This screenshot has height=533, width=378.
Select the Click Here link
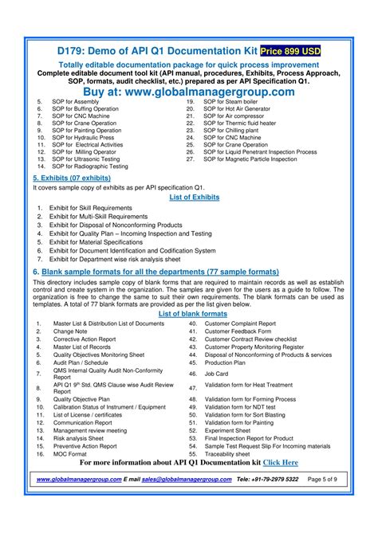pos(281,462)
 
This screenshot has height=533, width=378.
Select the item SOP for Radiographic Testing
pos(90,167)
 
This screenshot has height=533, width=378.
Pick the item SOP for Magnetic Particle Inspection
pos(260,159)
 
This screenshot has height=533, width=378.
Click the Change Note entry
pos(70,331)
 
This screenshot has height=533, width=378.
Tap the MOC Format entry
pos(70,454)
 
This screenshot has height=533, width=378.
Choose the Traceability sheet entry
pos(233,454)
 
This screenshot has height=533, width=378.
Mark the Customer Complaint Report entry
pos(240,323)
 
